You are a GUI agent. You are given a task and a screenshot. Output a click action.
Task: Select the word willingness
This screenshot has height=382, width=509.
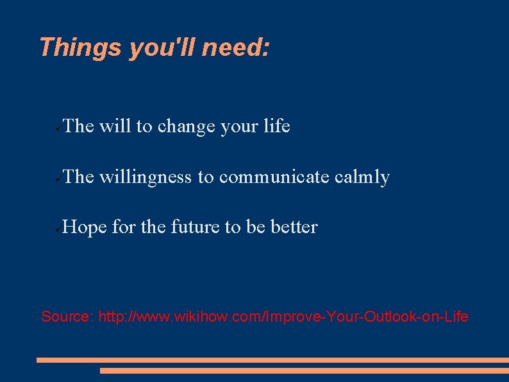146,177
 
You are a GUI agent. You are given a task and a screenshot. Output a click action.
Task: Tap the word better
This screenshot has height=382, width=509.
294,227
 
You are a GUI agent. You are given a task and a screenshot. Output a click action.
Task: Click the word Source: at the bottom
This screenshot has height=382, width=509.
67,317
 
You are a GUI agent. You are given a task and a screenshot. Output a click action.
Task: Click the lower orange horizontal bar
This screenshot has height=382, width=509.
304,370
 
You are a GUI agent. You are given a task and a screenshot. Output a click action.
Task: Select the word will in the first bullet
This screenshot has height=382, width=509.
115,126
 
